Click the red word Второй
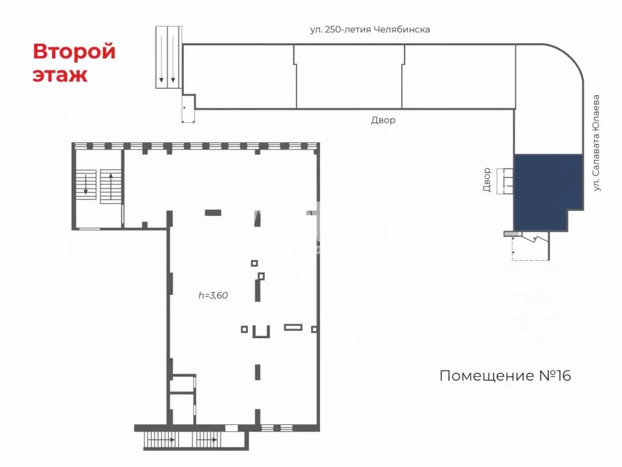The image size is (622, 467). coord(74,52)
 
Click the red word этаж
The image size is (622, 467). coord(60,75)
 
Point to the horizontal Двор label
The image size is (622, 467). coord(383,120)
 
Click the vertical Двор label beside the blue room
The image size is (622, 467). coord(487,180)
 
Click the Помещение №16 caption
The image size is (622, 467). coord(505,376)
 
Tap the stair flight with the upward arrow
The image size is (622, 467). coord(111,185)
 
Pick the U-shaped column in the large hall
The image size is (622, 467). coord(261,331)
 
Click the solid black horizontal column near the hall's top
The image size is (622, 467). coord(213,212)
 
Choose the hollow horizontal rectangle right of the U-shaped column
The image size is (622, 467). coord(293,328)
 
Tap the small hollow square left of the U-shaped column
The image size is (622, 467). coord(244,329)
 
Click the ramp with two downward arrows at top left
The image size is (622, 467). coord(168,57)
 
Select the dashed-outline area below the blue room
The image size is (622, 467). coord(530,249)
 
